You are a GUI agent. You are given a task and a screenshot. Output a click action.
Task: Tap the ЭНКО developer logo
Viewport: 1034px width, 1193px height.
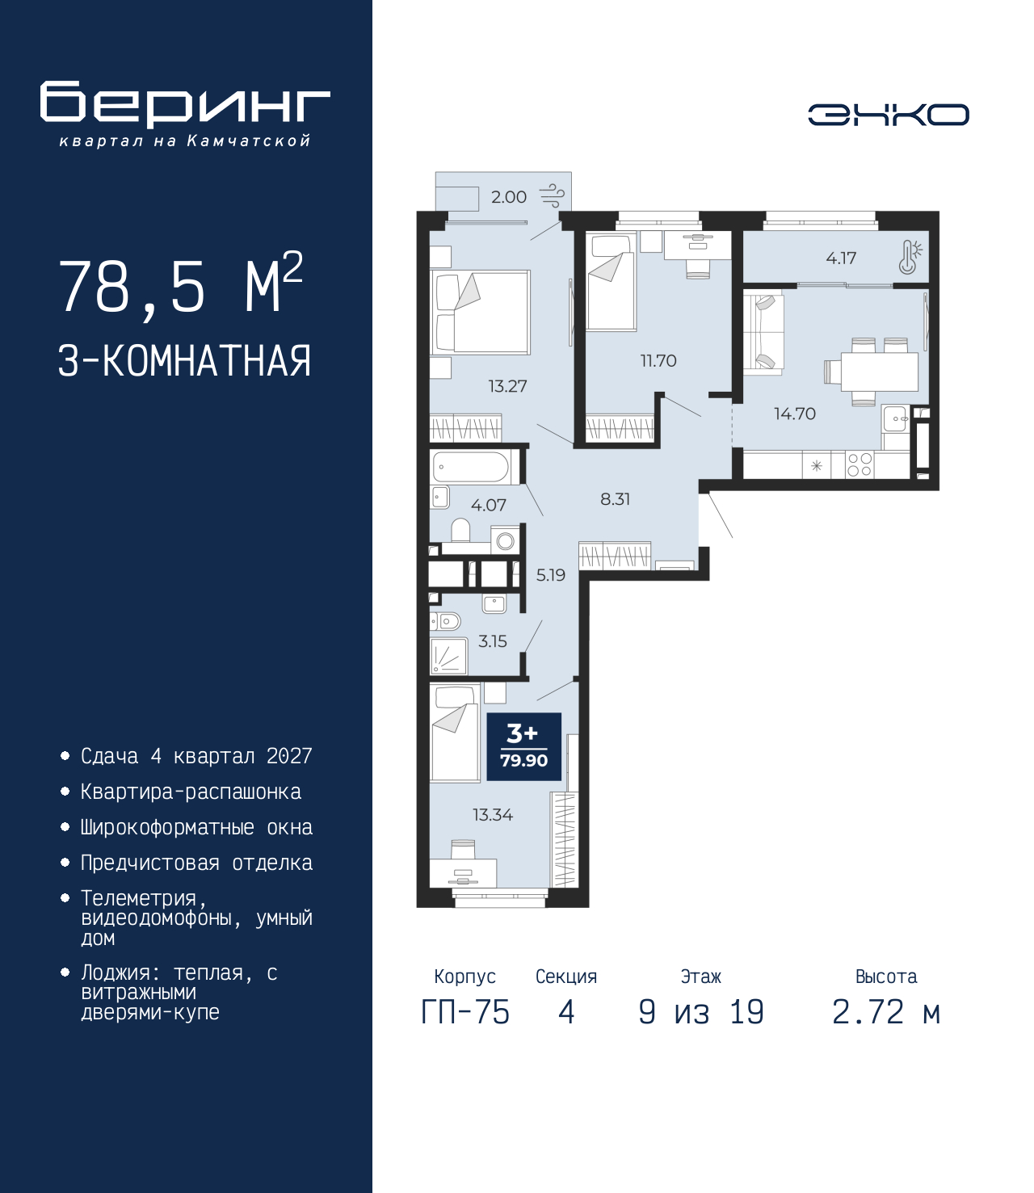889,114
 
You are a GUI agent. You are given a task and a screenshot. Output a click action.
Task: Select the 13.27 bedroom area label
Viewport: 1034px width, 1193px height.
507,385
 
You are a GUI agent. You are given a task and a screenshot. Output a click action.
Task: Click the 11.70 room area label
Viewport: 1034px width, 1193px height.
658,361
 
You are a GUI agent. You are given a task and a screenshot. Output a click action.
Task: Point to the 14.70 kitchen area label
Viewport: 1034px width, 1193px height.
795,414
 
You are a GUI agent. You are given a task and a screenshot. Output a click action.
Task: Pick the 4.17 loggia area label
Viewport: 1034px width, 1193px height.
841,258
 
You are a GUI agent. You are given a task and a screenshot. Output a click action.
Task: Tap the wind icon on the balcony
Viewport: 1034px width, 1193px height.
552,196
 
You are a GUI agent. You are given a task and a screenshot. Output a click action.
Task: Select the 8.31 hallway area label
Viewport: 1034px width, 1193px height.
615,498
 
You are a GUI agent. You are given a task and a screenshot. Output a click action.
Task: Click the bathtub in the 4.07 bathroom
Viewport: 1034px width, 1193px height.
470,467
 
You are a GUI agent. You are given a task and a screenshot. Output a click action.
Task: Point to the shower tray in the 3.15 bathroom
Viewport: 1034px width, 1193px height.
448,656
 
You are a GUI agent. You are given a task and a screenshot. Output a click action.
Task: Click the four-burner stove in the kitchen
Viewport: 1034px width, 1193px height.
859,464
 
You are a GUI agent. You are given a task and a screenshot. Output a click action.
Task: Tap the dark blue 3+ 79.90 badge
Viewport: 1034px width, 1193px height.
523,747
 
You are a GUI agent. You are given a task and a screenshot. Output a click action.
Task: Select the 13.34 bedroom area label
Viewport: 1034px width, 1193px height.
493,814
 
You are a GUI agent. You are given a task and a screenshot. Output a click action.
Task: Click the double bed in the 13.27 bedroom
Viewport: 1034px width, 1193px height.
481,313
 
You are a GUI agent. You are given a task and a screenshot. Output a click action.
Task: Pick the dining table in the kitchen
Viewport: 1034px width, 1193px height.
879,372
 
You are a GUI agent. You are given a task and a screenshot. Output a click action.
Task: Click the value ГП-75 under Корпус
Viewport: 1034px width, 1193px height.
465,1012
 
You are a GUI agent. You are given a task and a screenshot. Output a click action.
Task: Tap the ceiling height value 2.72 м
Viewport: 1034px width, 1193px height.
886,1012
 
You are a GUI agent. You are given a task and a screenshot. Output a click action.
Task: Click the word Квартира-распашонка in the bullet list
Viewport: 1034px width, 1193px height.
191,792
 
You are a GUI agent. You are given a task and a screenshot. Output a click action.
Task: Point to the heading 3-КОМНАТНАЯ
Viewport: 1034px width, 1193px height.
185,361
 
